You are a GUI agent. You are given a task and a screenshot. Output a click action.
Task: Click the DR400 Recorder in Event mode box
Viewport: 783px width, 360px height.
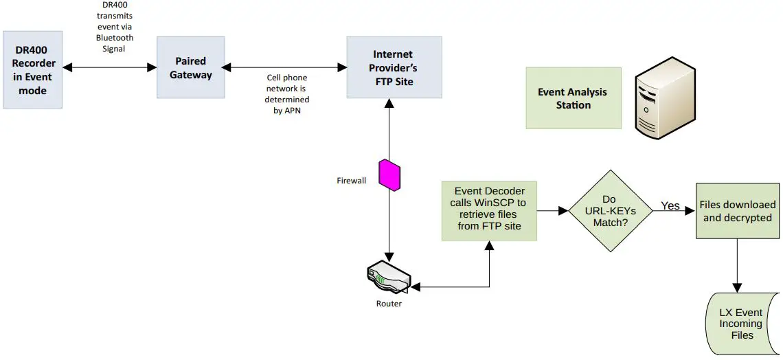[33, 69]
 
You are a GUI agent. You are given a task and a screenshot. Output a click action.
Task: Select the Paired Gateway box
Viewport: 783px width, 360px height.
[190, 67]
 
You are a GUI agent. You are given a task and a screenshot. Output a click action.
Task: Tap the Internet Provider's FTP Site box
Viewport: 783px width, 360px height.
[394, 67]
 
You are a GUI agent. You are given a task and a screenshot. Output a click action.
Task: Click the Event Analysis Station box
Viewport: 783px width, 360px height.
[573, 98]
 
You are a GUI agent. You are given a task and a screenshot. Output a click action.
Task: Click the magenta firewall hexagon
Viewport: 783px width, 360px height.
[389, 175]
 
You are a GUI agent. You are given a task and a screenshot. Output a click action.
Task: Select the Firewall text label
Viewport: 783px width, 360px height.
[351, 181]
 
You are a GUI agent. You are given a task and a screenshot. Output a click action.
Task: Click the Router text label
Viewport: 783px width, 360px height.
[389, 303]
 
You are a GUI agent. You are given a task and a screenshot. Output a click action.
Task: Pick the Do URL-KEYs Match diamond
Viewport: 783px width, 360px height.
[609, 211]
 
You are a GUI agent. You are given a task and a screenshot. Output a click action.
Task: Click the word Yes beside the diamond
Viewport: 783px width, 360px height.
[670, 205]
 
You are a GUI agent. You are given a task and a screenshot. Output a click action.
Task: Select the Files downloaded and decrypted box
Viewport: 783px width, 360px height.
[738, 211]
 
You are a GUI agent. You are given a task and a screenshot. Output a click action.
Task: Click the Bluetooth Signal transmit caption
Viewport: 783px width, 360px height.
[115, 26]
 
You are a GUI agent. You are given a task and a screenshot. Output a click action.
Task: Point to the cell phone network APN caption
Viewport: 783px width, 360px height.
[287, 94]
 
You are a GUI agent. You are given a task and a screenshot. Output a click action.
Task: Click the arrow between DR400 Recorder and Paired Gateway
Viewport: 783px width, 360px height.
[110, 67]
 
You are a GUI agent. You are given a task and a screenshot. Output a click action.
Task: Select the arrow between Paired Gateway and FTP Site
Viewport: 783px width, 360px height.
[285, 67]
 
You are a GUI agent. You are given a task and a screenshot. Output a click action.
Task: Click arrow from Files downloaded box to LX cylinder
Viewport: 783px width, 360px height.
[738, 265]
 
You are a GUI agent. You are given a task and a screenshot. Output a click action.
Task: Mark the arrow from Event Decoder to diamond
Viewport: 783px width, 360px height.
[552, 211]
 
